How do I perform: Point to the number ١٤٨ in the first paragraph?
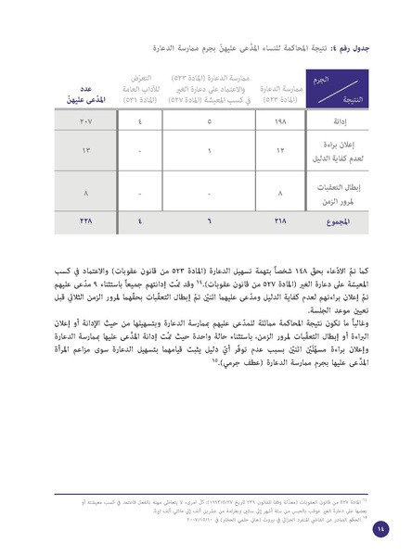(293, 263)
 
